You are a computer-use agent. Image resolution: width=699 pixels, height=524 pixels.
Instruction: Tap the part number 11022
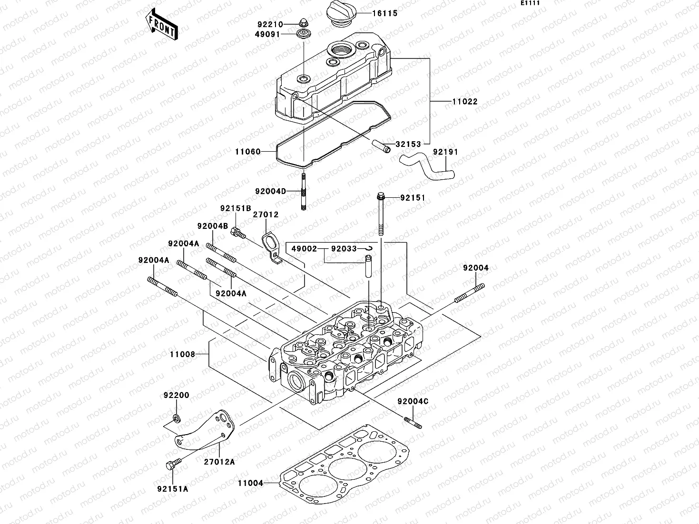[x=464, y=102]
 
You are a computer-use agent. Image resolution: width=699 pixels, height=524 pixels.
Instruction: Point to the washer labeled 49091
[x=301, y=34]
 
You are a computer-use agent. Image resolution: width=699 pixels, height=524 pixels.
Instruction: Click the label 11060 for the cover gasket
[x=247, y=152]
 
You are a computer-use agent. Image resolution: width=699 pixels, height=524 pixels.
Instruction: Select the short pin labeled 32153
[x=381, y=145]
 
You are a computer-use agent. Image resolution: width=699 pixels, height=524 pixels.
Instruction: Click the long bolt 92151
[x=381, y=214]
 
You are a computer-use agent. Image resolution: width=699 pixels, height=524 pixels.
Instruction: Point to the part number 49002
[x=304, y=249]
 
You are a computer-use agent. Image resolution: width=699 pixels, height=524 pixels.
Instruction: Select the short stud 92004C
[x=413, y=422]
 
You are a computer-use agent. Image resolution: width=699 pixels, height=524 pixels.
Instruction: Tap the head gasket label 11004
[x=250, y=483]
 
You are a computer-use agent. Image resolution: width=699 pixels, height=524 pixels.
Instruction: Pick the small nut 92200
[x=177, y=418]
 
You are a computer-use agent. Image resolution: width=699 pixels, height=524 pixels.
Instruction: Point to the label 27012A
[x=219, y=461]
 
